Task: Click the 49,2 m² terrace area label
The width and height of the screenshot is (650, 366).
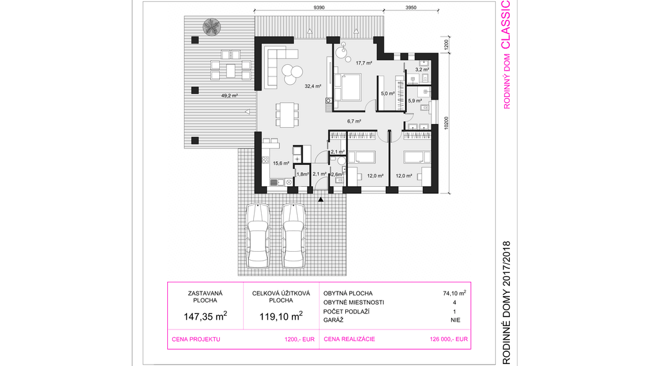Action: (230, 96)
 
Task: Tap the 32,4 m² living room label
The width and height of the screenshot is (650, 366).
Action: (313, 87)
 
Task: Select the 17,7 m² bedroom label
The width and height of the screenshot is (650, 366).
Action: (364, 64)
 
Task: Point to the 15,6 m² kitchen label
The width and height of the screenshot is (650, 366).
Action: (281, 164)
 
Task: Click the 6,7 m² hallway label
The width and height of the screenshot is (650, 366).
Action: (354, 121)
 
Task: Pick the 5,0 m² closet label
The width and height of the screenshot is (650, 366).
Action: (388, 94)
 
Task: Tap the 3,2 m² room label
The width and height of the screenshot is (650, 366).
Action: (422, 70)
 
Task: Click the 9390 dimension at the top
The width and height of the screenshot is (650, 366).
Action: (319, 8)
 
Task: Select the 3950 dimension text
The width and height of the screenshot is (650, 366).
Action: (411, 8)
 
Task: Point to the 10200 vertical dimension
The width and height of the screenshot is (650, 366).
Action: (446, 123)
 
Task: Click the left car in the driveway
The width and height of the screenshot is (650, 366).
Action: (258, 236)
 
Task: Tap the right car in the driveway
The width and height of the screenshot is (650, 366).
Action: (293, 236)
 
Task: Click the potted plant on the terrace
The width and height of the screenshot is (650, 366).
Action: (212, 27)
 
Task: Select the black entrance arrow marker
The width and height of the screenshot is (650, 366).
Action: (320, 200)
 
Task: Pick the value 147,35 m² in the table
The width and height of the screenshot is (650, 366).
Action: (205, 317)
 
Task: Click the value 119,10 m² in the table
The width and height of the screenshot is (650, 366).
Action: (281, 317)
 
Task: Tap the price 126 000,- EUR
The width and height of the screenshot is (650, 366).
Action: (449, 339)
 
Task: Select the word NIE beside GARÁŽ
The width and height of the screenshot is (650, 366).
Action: (455, 320)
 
